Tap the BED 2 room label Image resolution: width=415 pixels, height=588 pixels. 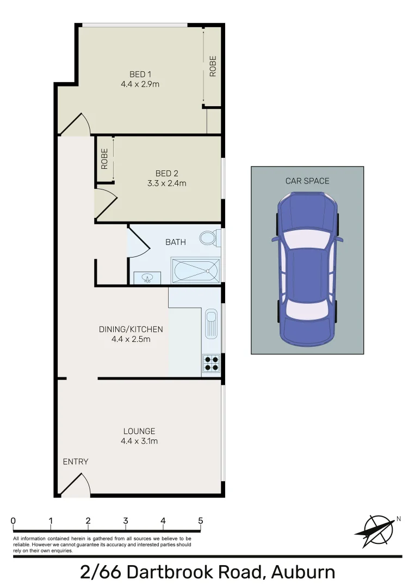coord(166,174)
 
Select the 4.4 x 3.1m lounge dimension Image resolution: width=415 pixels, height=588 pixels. coord(139,441)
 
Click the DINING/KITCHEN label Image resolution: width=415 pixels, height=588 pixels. coord(131,329)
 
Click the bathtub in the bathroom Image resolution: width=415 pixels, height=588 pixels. coord(196,270)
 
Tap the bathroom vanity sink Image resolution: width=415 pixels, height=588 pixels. coord(147,278)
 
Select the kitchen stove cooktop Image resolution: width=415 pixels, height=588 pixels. coord(212,363)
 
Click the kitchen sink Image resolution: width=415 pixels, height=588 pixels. coord(211,324)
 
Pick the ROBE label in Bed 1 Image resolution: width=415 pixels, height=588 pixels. coord(213,66)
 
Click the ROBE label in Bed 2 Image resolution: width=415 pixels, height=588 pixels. coord(104,158)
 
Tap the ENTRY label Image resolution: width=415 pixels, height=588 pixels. coord(76,462)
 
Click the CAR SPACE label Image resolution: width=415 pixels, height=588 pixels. coord(307,181)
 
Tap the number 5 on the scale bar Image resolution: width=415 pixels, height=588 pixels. coord(201,521)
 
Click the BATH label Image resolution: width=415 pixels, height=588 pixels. coord(175,242)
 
